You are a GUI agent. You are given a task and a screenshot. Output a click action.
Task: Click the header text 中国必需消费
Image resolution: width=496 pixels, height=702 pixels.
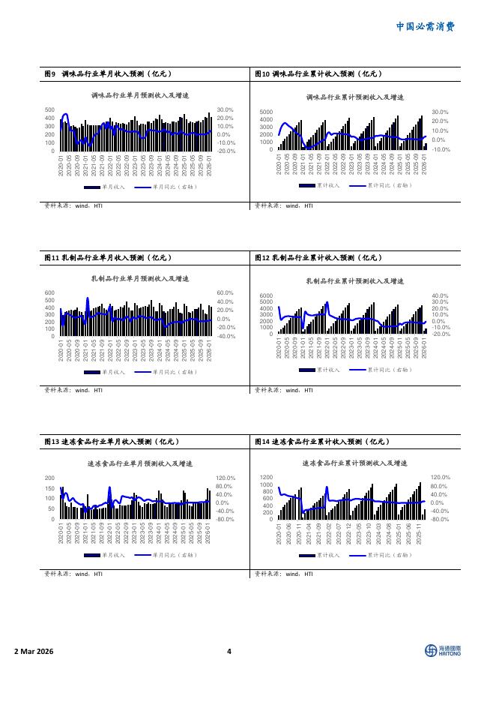coord(425,26)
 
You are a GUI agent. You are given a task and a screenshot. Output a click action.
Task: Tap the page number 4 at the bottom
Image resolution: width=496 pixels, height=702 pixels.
coord(229,651)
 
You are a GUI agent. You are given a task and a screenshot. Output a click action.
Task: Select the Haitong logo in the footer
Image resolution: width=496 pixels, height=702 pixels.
coord(442,651)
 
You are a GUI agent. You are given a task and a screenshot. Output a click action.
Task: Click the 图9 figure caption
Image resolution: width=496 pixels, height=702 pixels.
coord(109,73)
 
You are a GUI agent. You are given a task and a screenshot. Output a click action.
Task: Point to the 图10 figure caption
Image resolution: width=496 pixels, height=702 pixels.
coord(319,73)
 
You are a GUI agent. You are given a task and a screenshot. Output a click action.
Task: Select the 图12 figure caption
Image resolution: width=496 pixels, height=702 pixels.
coord(319,257)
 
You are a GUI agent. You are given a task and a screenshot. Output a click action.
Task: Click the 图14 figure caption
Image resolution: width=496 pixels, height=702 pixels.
coord(322,442)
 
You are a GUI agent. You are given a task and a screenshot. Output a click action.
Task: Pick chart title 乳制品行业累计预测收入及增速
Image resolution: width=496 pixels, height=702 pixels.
coord(355,280)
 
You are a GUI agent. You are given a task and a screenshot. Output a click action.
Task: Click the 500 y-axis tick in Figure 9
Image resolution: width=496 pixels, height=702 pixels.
coord(49,109)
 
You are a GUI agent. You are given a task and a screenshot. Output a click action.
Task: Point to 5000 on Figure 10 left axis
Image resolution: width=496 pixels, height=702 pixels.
coord(266,112)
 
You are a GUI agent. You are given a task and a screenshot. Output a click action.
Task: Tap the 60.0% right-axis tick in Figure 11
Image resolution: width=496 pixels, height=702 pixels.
coord(226,293)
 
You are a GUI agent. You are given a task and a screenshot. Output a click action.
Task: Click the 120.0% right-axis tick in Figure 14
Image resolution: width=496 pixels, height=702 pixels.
coord(440,478)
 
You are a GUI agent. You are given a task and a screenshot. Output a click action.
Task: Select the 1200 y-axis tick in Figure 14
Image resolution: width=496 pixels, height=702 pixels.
coord(266,478)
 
